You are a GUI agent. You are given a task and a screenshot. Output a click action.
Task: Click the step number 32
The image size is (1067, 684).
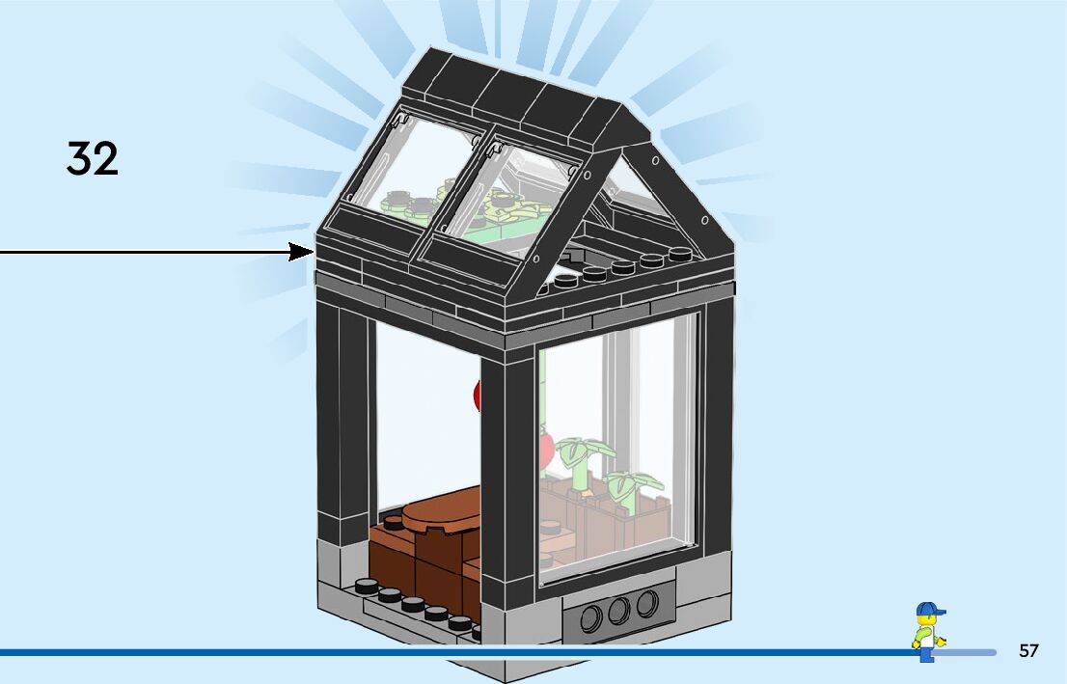tap(93, 158)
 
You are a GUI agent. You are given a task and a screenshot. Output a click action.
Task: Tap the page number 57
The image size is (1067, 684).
tap(1028, 651)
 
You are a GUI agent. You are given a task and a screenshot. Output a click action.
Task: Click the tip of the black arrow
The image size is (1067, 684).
tap(314, 253)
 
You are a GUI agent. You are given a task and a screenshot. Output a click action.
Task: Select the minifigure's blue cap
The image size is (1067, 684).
tap(929, 610)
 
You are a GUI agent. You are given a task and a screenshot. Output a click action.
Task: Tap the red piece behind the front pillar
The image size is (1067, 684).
tap(477, 396)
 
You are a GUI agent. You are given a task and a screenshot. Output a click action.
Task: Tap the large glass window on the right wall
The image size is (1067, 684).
tap(617, 444)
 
